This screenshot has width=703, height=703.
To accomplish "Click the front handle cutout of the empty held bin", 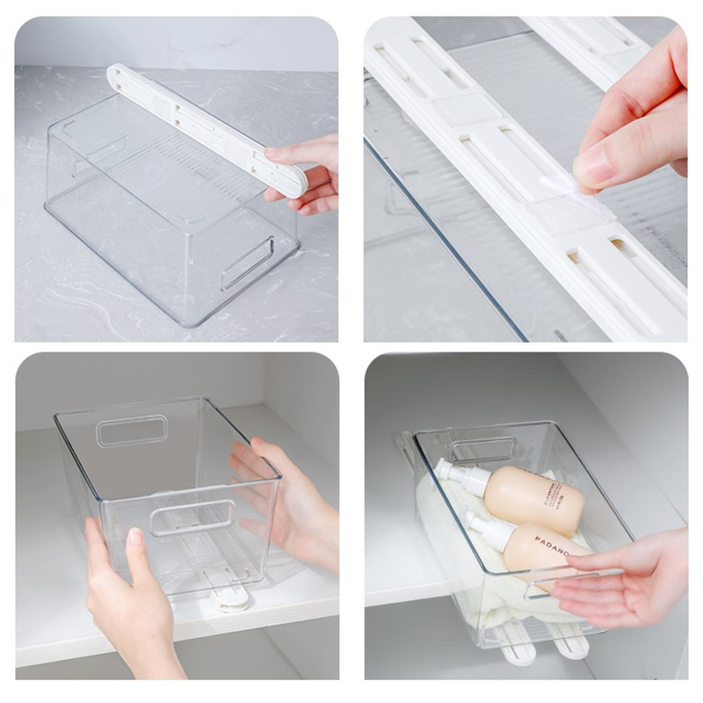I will pos(192,518).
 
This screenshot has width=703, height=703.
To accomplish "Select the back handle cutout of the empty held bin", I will pos(132,431).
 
